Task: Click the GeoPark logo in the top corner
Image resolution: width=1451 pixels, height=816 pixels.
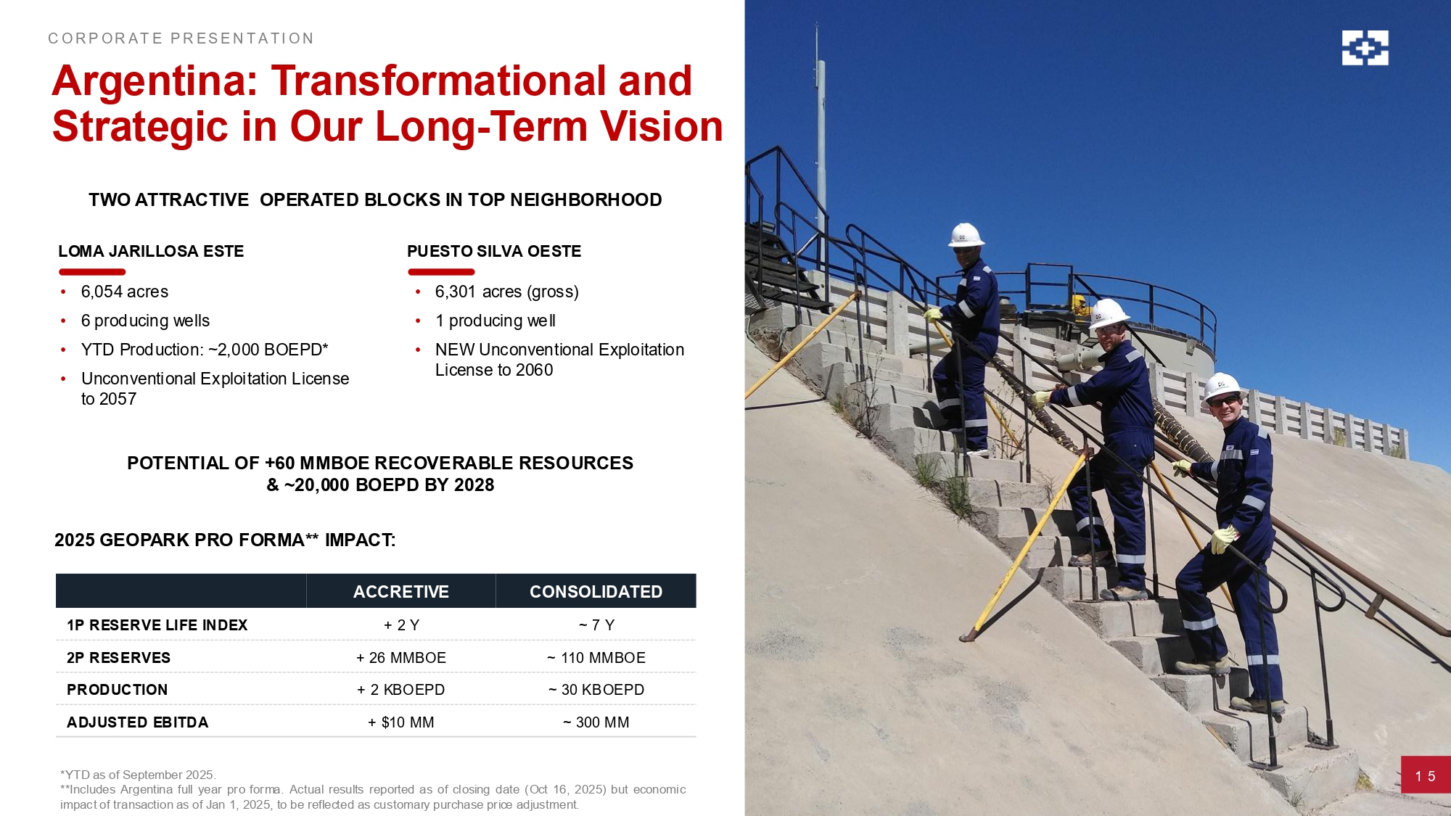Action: point(1365,48)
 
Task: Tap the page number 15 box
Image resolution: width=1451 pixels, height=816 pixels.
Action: point(1426,775)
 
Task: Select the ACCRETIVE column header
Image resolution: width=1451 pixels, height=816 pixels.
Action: point(401,591)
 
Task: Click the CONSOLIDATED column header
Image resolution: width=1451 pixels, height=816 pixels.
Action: point(596,591)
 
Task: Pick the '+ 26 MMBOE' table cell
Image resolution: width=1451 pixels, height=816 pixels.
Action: point(401,658)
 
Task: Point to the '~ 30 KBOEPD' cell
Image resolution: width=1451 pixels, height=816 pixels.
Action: point(596,690)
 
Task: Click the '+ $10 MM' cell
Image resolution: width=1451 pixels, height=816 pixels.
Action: point(401,722)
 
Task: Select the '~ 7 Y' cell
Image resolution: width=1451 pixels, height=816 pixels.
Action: point(596,625)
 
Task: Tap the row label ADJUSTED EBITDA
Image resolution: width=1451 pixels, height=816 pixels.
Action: point(138,722)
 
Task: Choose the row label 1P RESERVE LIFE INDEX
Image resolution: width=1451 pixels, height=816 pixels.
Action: point(157,625)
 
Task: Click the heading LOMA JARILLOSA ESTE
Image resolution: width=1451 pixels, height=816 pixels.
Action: point(151,251)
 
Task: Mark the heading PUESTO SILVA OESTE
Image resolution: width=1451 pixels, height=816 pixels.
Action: point(494,251)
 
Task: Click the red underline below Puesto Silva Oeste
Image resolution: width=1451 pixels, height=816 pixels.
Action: point(441,272)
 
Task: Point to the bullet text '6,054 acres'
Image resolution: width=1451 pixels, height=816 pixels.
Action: point(125,292)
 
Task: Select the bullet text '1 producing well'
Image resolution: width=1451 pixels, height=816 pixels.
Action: point(496,321)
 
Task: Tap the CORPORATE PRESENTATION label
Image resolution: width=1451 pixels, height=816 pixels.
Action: point(181,38)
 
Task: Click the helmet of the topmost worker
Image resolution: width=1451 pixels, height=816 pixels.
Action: point(966,235)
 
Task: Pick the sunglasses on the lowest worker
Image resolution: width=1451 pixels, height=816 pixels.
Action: point(1225,400)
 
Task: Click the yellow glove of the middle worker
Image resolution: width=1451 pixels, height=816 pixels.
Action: point(1042,398)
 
